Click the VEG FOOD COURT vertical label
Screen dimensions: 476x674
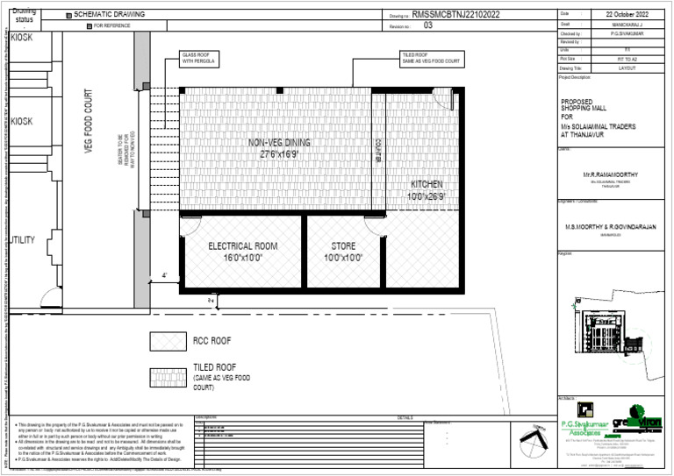[89, 123]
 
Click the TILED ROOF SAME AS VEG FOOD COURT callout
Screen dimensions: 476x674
[432, 58]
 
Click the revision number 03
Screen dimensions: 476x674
[428, 26]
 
